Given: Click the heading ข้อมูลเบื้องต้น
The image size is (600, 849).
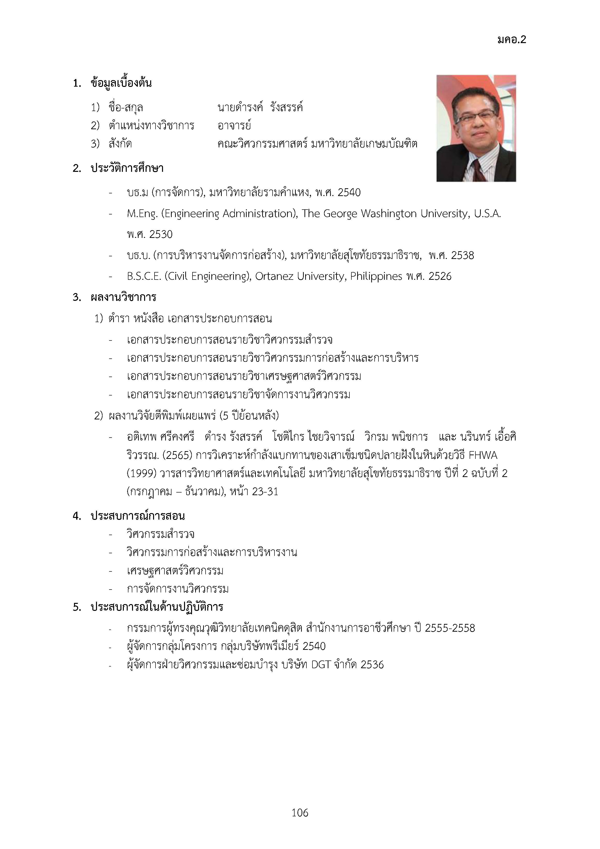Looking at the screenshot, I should [121, 83].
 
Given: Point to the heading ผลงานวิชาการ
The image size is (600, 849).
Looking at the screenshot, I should [123, 297].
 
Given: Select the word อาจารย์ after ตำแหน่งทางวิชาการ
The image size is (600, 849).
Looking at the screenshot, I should [234, 126].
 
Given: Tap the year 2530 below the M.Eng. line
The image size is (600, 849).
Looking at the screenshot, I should [161, 235].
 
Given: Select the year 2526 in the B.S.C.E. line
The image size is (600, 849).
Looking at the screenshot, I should [440, 276].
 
